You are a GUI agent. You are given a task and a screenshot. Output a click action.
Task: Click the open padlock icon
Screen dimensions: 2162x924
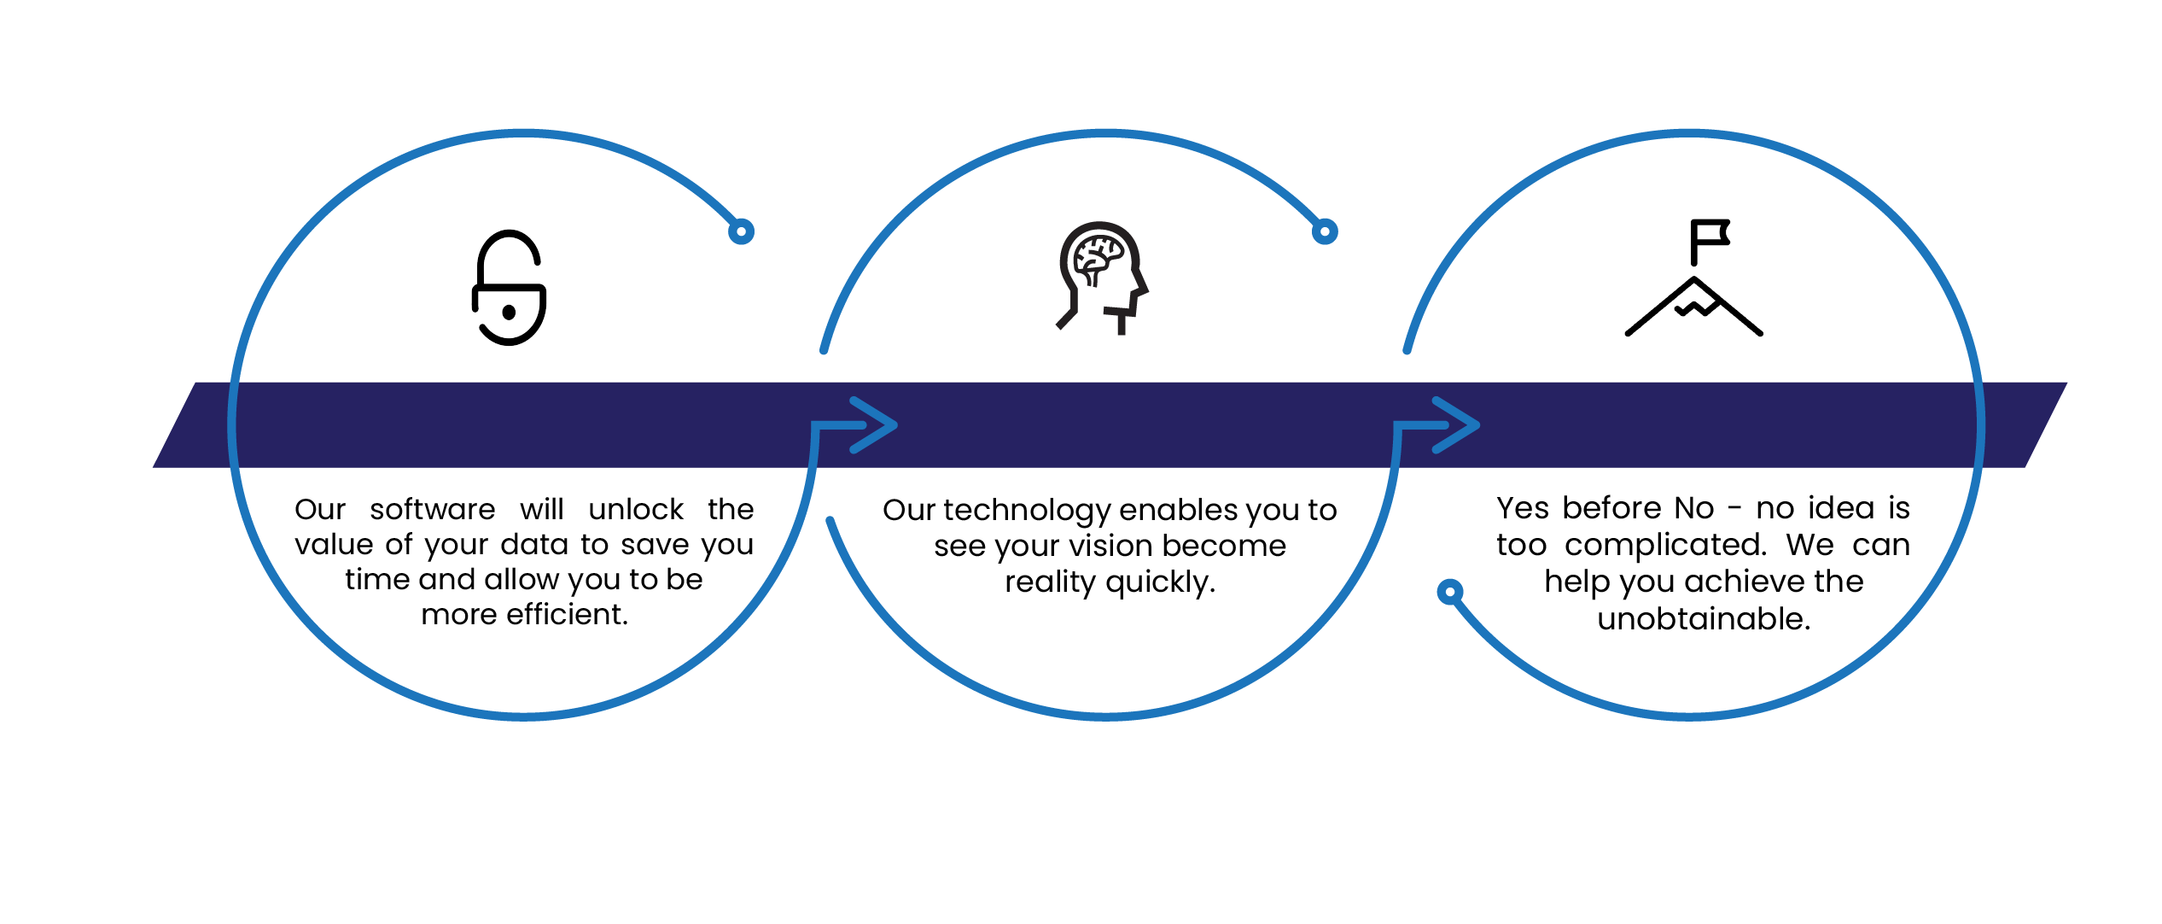point(510,288)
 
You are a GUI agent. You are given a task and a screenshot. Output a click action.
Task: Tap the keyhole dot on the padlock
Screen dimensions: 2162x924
point(510,313)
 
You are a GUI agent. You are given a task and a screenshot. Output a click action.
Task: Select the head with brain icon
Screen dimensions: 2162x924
point(1102,278)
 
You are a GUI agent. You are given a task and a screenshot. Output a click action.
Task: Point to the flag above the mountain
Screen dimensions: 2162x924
point(1710,242)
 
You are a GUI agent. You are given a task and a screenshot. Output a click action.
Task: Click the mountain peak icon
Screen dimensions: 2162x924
point(1694,307)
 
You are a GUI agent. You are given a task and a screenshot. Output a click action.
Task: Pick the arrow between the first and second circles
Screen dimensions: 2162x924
point(854,425)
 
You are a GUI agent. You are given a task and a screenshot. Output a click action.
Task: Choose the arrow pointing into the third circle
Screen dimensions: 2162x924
point(1436,425)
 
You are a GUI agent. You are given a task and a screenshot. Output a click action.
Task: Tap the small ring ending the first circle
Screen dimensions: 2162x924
point(741,231)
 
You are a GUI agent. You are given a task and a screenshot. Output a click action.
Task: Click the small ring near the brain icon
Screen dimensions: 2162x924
point(1325,231)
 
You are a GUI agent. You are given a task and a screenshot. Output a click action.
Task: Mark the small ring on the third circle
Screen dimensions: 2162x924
point(1450,592)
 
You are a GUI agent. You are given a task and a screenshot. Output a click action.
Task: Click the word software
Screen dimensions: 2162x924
point(433,510)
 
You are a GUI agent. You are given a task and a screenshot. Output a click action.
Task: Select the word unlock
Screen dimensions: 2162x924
point(636,510)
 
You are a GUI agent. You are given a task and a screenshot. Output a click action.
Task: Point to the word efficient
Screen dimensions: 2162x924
point(567,615)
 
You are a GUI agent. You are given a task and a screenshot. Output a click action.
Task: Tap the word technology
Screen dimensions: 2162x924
point(1028,512)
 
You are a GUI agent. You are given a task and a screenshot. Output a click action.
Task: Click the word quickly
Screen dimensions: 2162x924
point(1161,583)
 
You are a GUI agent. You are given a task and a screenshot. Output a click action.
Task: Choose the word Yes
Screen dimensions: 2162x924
point(1523,509)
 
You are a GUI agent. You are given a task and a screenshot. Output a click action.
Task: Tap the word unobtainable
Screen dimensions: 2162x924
point(1705,619)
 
